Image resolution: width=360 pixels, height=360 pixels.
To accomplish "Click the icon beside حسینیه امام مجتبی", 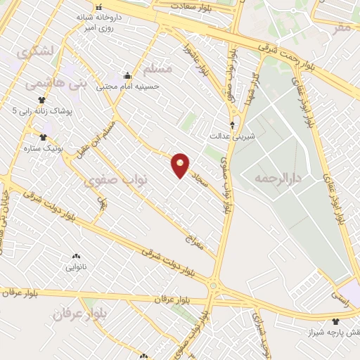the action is tap(127, 76).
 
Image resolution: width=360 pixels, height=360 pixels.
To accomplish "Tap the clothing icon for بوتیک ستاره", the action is tap(42, 138).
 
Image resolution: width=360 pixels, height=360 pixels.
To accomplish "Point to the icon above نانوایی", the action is tap(76, 256).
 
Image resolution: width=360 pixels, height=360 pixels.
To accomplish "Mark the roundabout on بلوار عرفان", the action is tap(213, 286).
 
